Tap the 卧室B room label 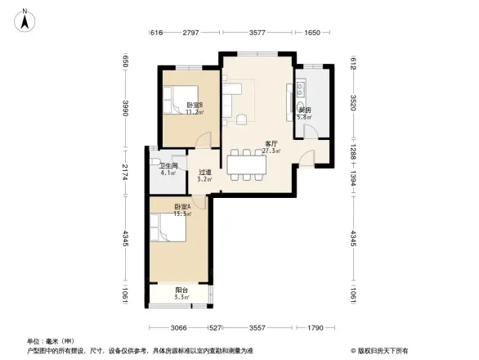coord(194,105)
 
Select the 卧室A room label coord(182,207)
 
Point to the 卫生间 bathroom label coord(168,165)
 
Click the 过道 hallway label coord(205,172)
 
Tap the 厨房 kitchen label coord(304,110)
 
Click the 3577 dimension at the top coord(257,33)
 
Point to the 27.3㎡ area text coord(272,151)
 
